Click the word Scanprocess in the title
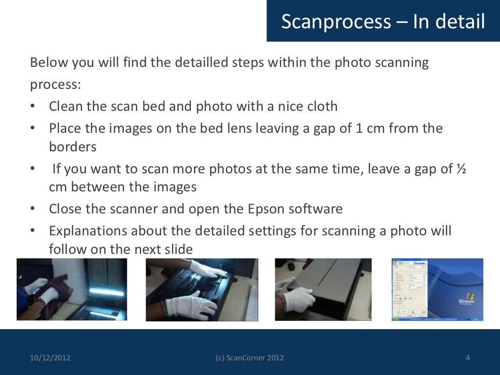point(336,21)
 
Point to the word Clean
point(65,106)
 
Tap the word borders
point(73,146)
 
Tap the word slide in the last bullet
point(178,249)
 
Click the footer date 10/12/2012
point(50,358)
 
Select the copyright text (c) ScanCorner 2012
point(250,358)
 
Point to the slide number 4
point(467,358)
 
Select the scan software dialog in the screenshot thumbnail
point(409,290)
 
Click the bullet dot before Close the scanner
point(32,209)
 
